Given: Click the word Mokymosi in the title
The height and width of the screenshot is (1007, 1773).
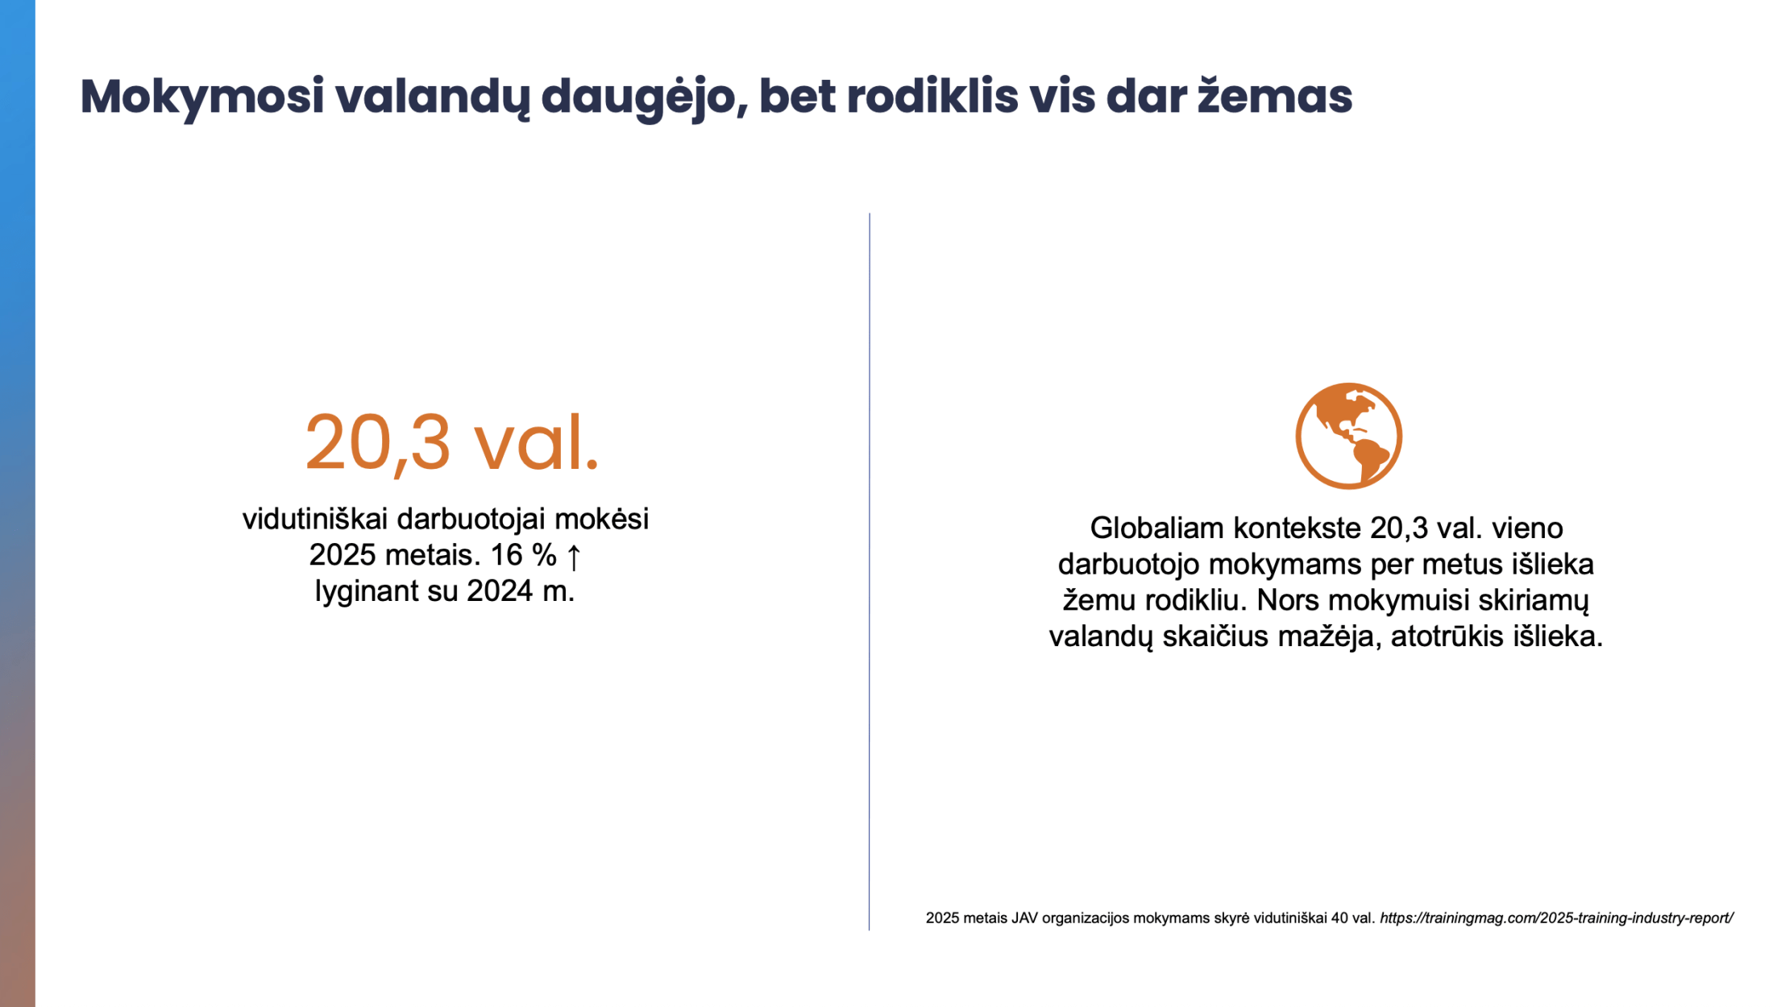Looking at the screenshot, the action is point(202,97).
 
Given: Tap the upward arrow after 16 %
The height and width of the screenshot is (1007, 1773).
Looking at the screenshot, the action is point(574,556).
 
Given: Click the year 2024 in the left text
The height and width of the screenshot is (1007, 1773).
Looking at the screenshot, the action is point(500,591).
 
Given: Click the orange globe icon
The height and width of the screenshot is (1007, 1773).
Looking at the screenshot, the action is point(1348,436).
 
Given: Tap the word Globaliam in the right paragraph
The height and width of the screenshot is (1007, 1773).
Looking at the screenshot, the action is point(1157,528).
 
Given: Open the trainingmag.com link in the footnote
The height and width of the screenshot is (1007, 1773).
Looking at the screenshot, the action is point(1556,918).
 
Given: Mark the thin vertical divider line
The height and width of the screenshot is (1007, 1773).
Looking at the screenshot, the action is point(869,571).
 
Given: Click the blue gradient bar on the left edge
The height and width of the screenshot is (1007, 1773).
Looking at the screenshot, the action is point(18,503).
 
